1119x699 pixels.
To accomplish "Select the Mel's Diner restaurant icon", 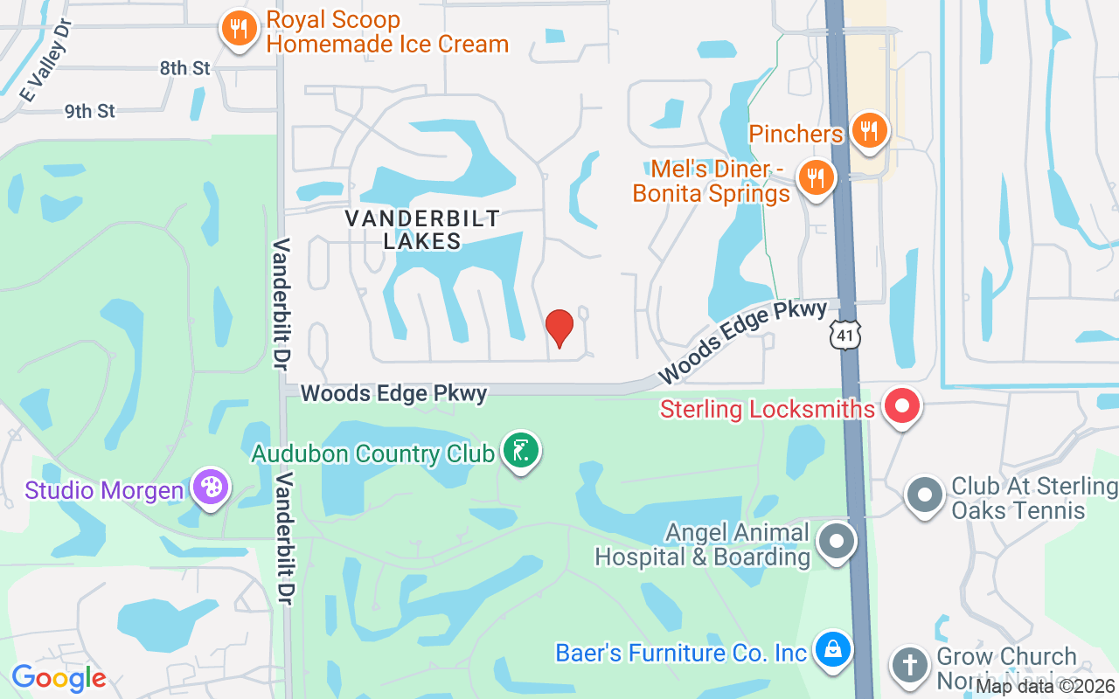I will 817,177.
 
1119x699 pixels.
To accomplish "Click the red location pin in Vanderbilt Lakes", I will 559,328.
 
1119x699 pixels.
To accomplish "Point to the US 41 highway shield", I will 846,335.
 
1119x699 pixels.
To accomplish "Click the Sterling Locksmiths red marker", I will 902,406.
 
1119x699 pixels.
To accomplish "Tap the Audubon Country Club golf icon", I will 521,452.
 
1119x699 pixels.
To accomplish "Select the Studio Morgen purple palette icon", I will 210,488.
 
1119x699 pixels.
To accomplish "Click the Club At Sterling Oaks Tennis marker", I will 925,495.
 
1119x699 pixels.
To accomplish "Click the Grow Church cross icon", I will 909,666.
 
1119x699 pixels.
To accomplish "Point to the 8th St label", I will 184,68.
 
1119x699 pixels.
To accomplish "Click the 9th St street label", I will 90,111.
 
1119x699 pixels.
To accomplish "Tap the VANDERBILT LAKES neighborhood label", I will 422,229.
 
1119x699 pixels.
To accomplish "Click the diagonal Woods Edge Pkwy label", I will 742,342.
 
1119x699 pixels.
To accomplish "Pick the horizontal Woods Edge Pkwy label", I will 393,393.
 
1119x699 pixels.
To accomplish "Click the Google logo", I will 59,677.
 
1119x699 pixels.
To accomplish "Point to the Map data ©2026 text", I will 1045,686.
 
